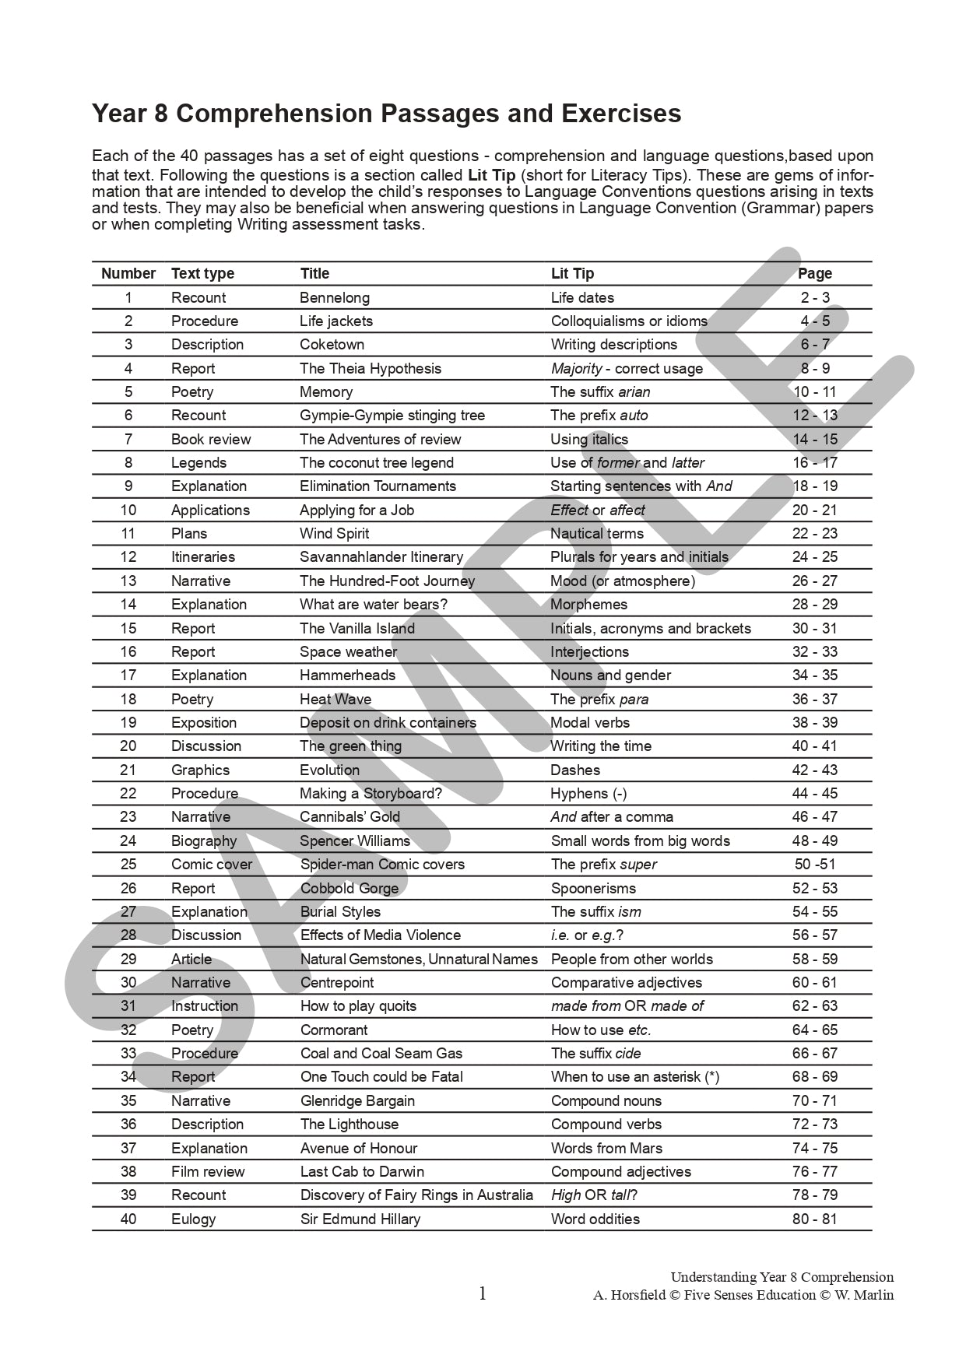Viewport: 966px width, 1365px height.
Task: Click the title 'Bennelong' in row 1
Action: [x=335, y=297]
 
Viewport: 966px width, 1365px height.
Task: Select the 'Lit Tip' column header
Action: [x=572, y=273]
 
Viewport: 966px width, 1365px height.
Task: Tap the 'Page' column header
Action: [x=815, y=273]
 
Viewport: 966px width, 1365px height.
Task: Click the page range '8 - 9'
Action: [x=815, y=368]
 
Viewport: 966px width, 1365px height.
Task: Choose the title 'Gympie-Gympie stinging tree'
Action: [x=392, y=415]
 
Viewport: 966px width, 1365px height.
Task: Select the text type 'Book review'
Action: [x=211, y=439]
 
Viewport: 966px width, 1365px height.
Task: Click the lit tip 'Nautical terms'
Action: [x=597, y=533]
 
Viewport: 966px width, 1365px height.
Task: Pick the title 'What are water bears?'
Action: [x=374, y=604]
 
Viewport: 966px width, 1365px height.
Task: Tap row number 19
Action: [x=128, y=722]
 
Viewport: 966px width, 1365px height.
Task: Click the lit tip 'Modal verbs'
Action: [x=590, y=722]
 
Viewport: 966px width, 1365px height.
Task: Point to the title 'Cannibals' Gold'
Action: [x=350, y=816]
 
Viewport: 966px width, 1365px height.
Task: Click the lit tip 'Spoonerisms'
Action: [x=593, y=888]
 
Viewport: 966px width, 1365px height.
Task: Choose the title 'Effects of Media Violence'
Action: [x=381, y=935]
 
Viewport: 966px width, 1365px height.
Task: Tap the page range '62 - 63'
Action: [x=815, y=1005]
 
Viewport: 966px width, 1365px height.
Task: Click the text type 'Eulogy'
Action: [x=193, y=1219]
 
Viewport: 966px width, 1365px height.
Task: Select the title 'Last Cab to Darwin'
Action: [x=362, y=1171]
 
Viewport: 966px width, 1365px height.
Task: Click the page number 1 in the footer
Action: [x=483, y=1293]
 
